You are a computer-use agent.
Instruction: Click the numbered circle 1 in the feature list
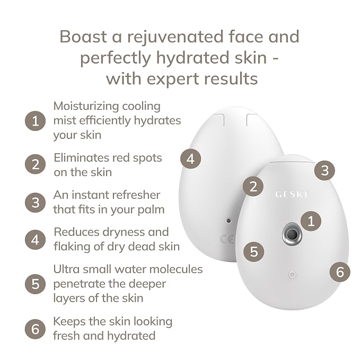35,121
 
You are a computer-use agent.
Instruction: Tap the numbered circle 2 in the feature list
35,164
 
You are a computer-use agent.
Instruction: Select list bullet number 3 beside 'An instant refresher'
35,203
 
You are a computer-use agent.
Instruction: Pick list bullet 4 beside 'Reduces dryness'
35,240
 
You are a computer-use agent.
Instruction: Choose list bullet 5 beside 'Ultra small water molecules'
35,284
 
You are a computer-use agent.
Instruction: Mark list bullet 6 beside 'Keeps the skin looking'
35,329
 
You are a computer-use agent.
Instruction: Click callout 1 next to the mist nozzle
311,221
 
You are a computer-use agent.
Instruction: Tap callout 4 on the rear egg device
190,159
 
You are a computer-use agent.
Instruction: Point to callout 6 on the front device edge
340,272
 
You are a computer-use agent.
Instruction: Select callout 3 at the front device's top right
324,170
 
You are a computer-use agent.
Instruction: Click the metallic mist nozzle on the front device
292,234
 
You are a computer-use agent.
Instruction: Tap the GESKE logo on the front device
293,195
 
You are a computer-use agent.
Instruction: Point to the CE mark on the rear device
227,239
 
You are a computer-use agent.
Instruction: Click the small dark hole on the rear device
228,221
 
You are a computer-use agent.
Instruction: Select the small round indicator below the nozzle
292,274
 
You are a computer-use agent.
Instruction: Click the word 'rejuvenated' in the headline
175,37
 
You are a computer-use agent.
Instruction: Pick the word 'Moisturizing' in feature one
86,106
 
